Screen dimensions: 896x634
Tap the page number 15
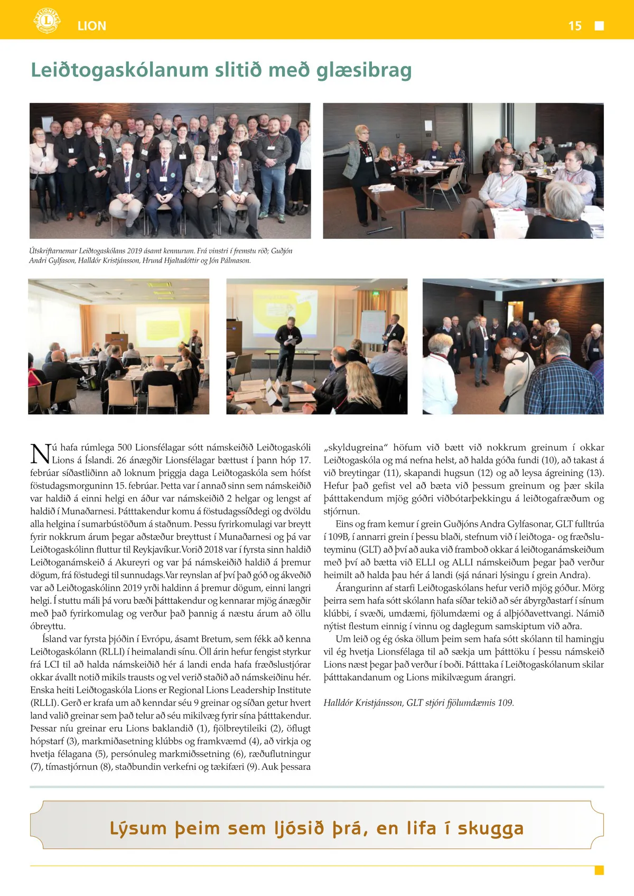point(575,26)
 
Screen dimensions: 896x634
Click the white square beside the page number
point(599,26)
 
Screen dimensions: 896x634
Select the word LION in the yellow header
point(92,26)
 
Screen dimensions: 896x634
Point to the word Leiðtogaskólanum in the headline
point(119,70)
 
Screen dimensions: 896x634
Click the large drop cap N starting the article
point(40,454)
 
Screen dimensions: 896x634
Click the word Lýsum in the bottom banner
point(138,828)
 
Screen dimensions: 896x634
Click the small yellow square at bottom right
point(599,870)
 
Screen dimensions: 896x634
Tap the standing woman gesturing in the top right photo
point(359,153)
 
